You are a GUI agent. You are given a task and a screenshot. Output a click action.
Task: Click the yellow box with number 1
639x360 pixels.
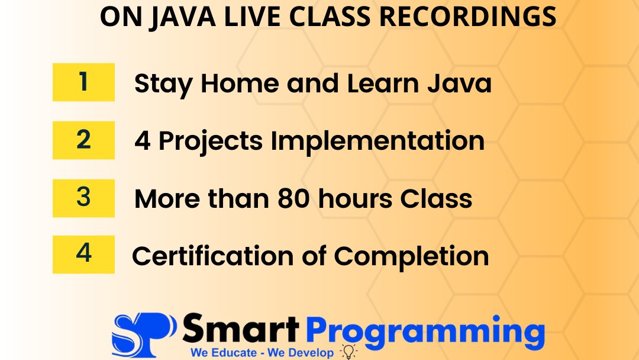coord(83,82)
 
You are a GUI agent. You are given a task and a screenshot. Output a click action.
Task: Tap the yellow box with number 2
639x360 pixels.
coord(83,140)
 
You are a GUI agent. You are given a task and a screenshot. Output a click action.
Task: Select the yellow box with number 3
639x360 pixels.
coord(83,198)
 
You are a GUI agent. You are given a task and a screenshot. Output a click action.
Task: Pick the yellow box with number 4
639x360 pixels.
coord(83,255)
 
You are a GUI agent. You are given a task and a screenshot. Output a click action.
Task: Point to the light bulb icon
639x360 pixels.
coord(349,352)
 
